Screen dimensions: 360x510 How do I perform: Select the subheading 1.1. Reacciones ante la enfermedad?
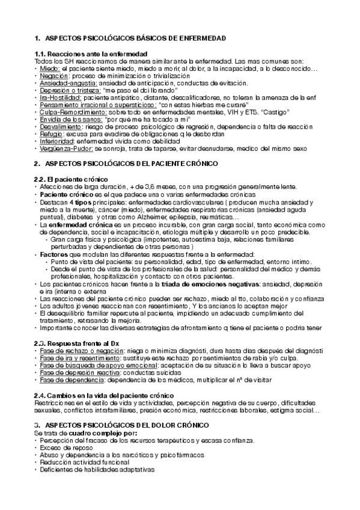pyautogui.click(x=91, y=55)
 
